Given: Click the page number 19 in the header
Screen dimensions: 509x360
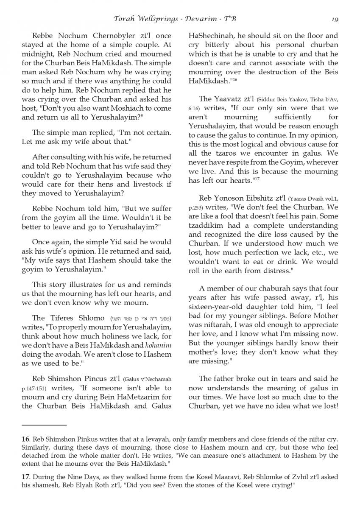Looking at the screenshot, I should click(x=335, y=19).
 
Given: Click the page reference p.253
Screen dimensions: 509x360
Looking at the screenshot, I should click(x=197, y=208).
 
